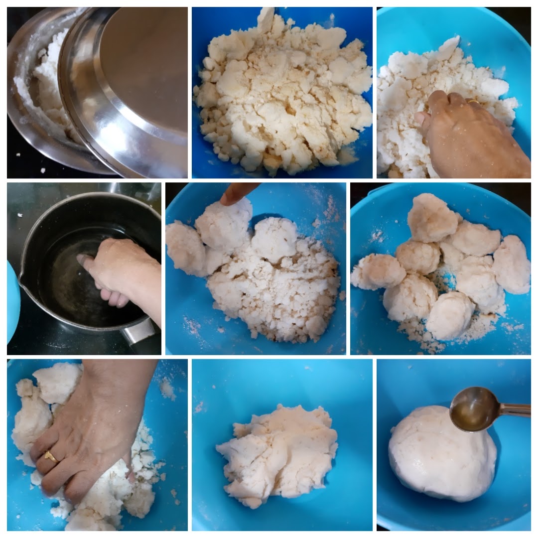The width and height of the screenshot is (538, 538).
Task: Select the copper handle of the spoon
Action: (516, 409)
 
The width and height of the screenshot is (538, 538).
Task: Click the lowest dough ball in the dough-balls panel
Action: (450, 315)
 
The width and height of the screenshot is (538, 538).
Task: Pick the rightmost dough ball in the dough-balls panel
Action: (512, 264)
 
